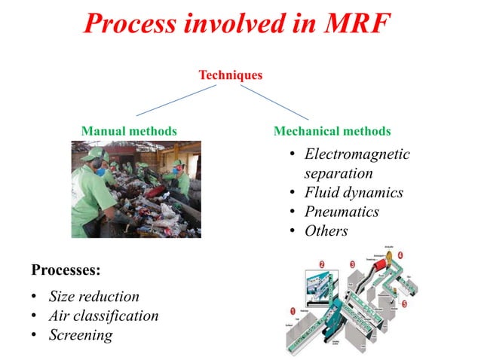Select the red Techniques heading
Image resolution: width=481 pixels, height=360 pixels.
pos(230,75)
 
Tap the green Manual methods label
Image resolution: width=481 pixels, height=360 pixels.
pos(129,131)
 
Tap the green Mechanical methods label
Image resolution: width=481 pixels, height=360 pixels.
pos(332,131)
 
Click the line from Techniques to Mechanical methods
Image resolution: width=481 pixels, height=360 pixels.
pos(279,101)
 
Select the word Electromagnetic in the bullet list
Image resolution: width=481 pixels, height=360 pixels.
pos(357,154)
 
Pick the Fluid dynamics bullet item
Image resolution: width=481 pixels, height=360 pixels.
pos(354,193)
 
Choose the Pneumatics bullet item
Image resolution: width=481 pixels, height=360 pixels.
pos(341,212)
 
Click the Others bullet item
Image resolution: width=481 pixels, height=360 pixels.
pos(326,231)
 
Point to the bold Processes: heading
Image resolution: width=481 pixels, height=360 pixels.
pos(66,269)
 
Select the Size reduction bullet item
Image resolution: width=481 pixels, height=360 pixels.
pos(93,296)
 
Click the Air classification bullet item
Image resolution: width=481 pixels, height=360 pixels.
pos(103,316)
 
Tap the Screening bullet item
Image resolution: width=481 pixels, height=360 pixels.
pos(80,335)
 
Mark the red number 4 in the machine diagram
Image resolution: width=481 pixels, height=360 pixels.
pos(400,255)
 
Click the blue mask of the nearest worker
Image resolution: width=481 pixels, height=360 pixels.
pos(100,172)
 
